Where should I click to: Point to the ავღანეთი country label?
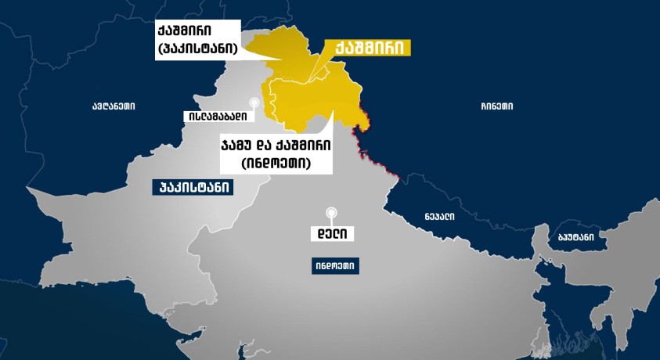point(113,106)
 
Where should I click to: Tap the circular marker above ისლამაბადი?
point(254,102)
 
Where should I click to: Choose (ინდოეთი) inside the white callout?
point(276,164)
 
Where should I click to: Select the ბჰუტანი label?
point(575,236)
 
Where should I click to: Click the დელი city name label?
point(332,233)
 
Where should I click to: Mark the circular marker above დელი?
point(332,211)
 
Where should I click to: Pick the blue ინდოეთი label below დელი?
point(334,266)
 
